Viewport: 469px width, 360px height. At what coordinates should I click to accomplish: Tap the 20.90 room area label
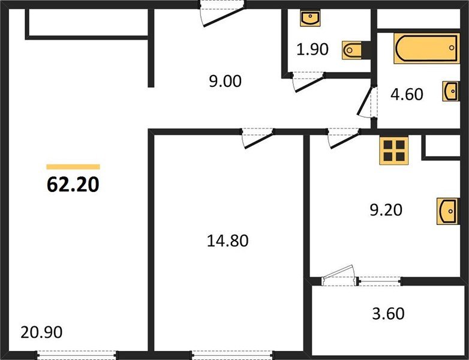pyautogui.click(x=41, y=331)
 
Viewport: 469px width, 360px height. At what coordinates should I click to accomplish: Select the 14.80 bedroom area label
pyautogui.click(x=226, y=241)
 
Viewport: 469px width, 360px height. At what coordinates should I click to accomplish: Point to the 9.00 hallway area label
pyautogui.click(x=225, y=81)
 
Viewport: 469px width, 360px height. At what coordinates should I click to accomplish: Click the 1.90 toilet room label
pyautogui.click(x=313, y=49)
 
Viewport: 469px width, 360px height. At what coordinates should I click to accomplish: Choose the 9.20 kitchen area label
pyautogui.click(x=386, y=210)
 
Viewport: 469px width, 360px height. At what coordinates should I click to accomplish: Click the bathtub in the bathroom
pyautogui.click(x=426, y=48)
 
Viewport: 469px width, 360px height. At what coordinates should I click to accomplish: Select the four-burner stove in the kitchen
pyautogui.click(x=394, y=150)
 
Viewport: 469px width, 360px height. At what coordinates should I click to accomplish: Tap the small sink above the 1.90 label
pyautogui.click(x=310, y=17)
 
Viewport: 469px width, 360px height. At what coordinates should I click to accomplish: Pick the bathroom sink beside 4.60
pyautogui.click(x=452, y=91)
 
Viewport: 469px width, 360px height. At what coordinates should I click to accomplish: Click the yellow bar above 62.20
pyautogui.click(x=73, y=167)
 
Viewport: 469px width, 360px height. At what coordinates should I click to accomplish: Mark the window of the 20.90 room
pyautogui.click(x=77, y=355)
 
